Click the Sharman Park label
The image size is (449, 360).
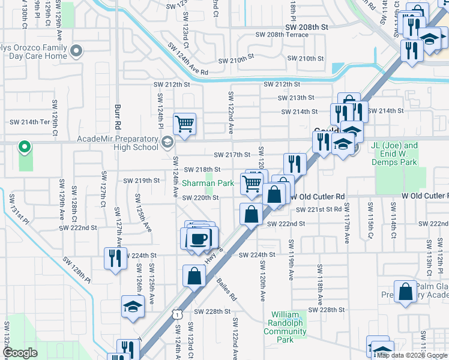tap(208, 183)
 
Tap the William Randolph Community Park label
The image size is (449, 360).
tap(289, 327)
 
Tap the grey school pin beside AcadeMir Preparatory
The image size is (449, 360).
tap(167, 143)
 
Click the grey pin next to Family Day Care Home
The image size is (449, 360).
tap(76, 52)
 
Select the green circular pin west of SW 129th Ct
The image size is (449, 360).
tap(25, 146)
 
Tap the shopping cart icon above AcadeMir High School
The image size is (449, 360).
tap(184, 124)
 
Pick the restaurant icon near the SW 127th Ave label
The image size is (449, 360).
tap(115, 258)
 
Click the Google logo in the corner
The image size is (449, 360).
tap(20, 353)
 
